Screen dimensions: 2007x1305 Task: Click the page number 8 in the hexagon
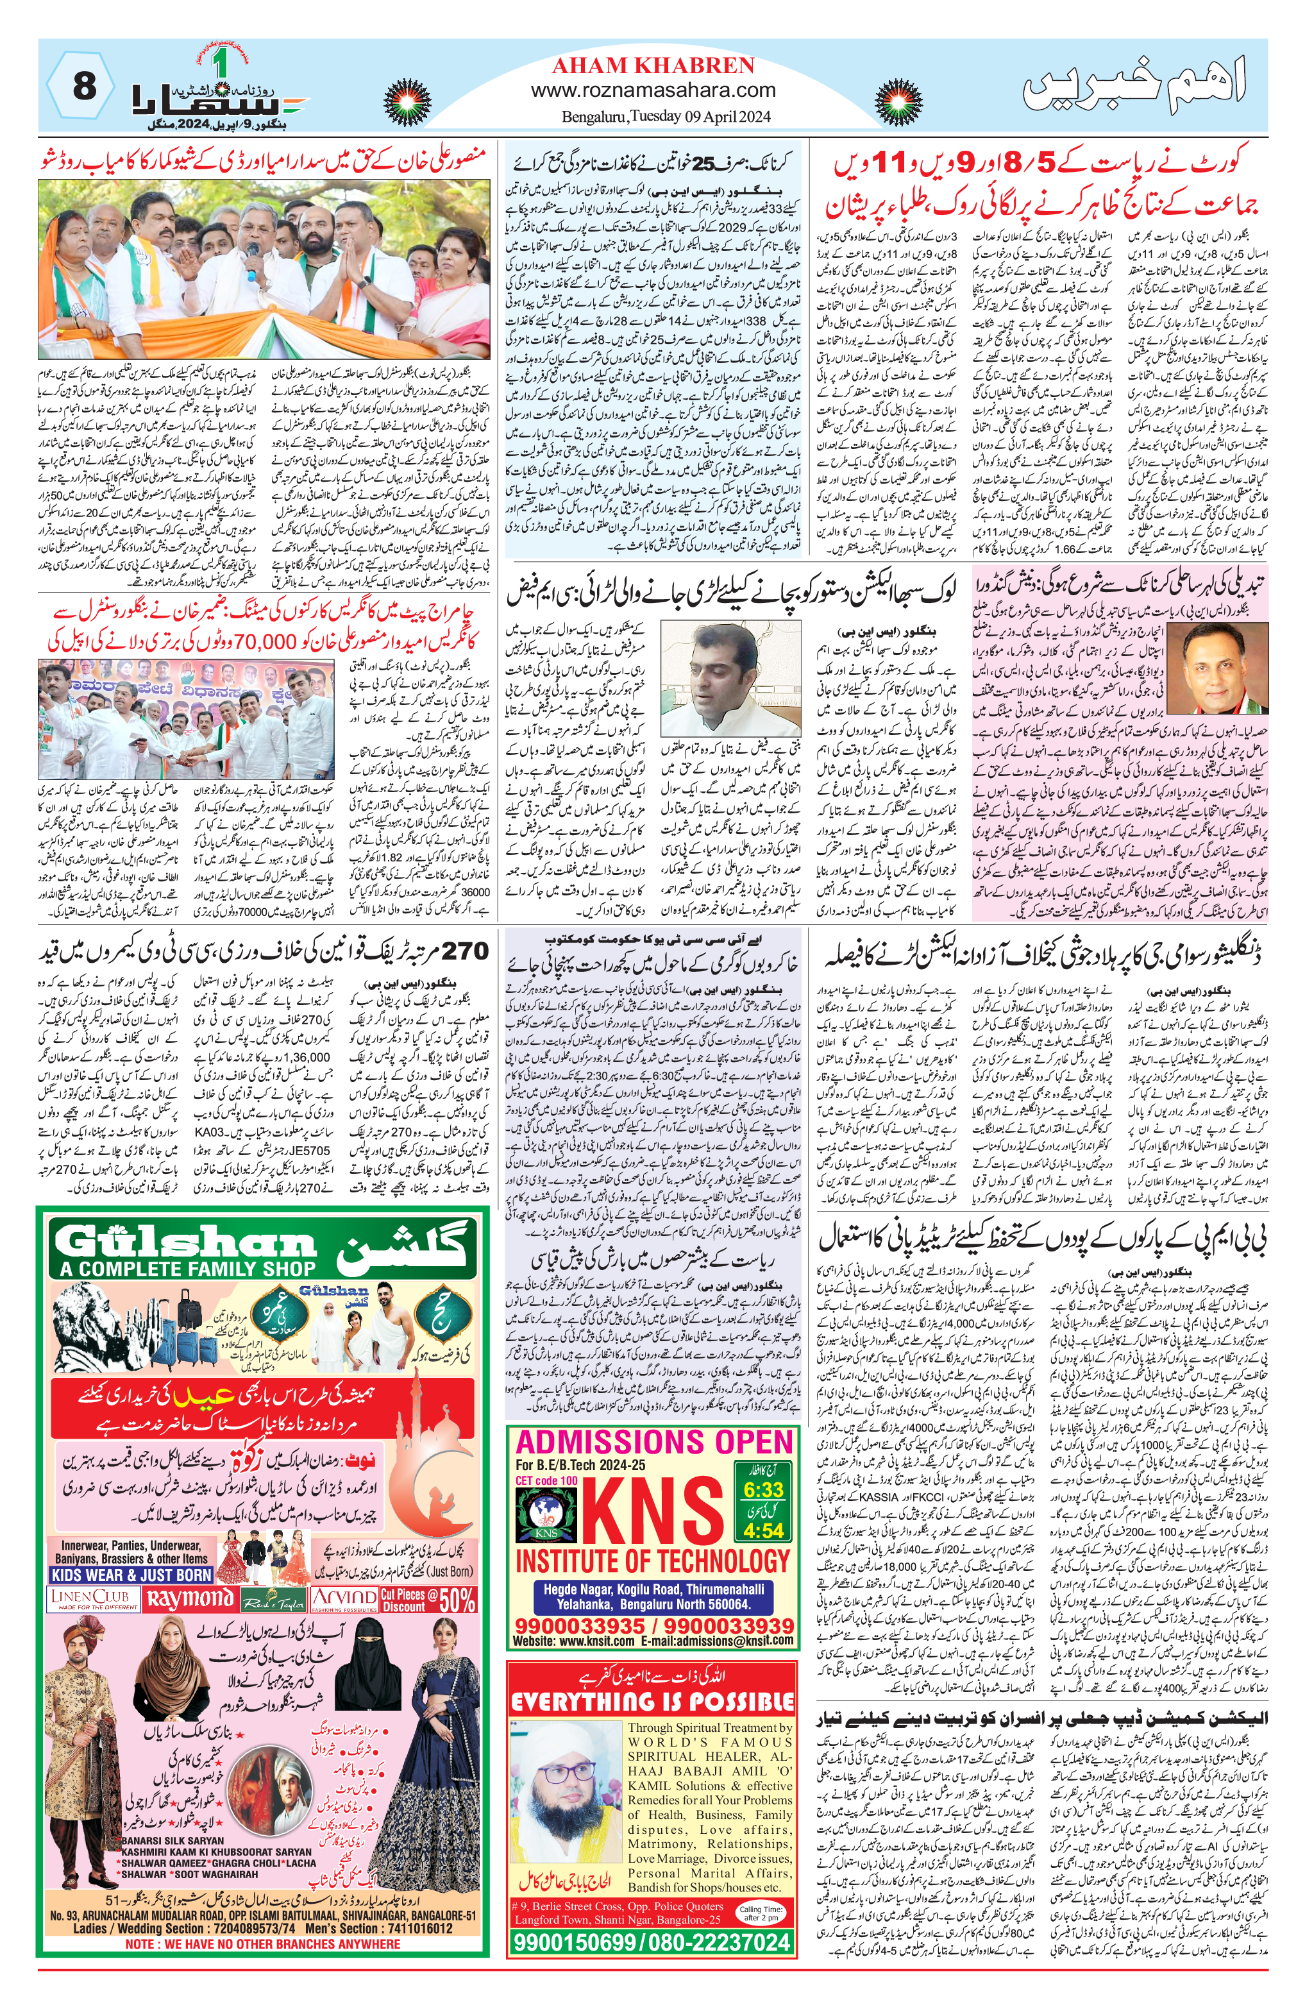click(x=84, y=86)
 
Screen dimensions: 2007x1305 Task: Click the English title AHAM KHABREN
click(x=653, y=65)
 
